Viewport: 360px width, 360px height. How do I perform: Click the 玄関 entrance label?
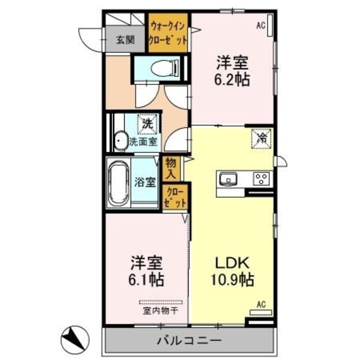pyautogui.click(x=125, y=39)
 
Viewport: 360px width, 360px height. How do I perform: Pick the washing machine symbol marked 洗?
pyautogui.click(x=147, y=122)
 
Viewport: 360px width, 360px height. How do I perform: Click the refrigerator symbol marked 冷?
pyautogui.click(x=261, y=137)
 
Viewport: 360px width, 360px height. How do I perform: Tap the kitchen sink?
pyautogui.click(x=229, y=179)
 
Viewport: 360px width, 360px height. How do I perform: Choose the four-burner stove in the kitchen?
pyautogui.click(x=261, y=179)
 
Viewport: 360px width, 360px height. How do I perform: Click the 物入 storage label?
pyautogui.click(x=170, y=168)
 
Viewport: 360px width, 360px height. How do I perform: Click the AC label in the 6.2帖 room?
pyautogui.click(x=260, y=25)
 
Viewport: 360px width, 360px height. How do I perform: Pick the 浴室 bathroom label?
pyautogui.click(x=145, y=182)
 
